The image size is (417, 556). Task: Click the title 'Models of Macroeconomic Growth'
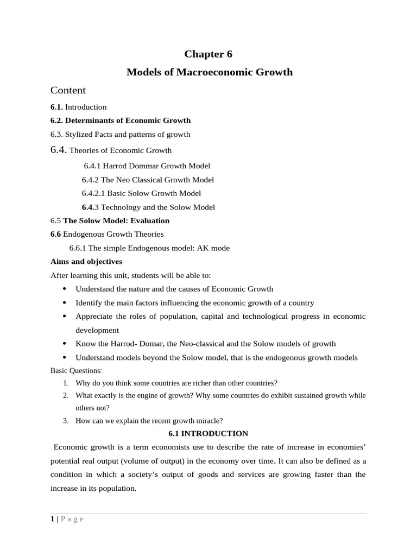(209, 72)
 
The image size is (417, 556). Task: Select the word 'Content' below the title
(68, 90)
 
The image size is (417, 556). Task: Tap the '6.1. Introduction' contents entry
(78, 107)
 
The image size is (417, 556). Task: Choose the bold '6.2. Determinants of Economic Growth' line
(121, 121)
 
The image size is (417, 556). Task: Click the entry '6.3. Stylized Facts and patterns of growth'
(120, 134)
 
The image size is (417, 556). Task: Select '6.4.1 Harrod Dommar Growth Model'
(147, 166)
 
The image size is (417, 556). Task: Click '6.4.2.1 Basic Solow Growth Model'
(141, 193)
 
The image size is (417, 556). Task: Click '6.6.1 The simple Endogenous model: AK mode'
(149, 248)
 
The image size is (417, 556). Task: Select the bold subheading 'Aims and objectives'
(86, 262)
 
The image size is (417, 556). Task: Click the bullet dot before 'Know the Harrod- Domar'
(65, 344)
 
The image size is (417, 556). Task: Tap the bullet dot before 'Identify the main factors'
(65, 302)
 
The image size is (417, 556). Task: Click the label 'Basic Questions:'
(76, 370)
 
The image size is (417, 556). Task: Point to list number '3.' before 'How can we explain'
(65, 420)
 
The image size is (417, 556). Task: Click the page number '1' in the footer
(52, 519)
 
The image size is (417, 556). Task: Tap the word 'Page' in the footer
(72, 519)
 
